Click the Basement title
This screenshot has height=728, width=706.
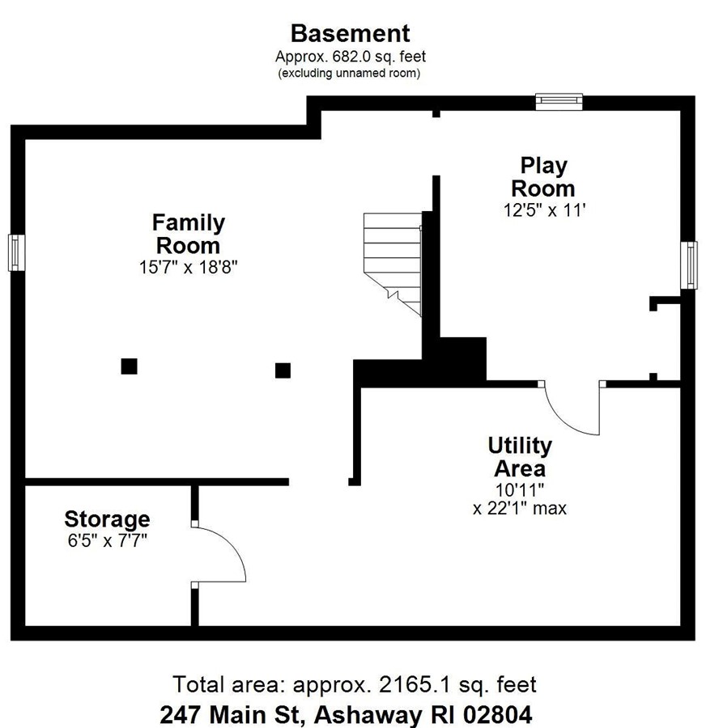click(x=350, y=33)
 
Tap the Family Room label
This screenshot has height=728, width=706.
click(x=188, y=234)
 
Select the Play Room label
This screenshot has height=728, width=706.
click(x=543, y=177)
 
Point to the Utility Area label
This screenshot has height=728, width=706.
click(x=520, y=456)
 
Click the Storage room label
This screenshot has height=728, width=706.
click(x=107, y=519)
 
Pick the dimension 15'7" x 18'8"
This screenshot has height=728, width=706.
click(x=188, y=268)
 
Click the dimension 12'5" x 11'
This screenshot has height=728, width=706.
click(x=544, y=210)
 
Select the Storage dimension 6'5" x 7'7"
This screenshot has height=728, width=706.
click(x=108, y=540)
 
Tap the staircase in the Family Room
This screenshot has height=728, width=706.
click(x=393, y=264)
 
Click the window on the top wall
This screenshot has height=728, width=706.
click(x=559, y=102)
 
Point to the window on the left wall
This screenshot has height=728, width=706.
click(x=16, y=252)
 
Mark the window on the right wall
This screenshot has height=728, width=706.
click(x=689, y=265)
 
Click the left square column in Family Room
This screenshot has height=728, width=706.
click(x=130, y=366)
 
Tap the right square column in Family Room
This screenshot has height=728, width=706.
click(x=283, y=370)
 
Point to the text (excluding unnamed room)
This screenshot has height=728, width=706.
click(x=349, y=74)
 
